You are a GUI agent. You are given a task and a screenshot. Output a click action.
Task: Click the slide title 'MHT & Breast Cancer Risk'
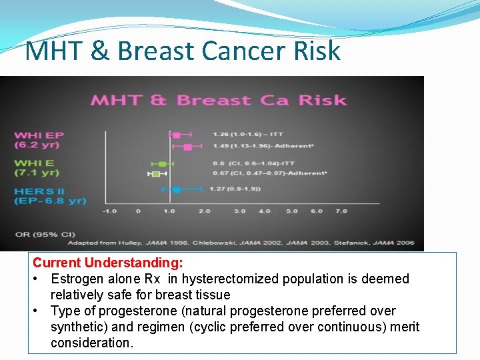coord(182,51)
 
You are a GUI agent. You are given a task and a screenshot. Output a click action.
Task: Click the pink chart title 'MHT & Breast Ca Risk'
coord(219,101)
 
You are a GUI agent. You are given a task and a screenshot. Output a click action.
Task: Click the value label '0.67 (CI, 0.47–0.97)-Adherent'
coord(269,174)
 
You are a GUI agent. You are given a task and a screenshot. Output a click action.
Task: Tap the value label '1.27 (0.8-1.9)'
coord(235,189)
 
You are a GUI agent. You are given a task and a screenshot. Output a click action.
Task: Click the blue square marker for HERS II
coord(176,190)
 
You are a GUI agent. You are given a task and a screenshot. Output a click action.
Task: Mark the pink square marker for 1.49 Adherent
coord(187,147)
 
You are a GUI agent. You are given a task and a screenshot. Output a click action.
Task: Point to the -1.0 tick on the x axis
coord(109,211)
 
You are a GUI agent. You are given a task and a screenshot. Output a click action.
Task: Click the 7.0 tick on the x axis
coord(341,211)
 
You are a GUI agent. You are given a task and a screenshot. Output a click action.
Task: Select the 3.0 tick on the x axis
coord(239,211)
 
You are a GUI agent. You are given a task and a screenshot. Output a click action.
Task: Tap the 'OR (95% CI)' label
coord(36,234)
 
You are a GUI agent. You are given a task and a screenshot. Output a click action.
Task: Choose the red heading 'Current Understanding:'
coord(108,263)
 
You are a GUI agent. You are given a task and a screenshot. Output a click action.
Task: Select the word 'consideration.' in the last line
coord(92,343)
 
